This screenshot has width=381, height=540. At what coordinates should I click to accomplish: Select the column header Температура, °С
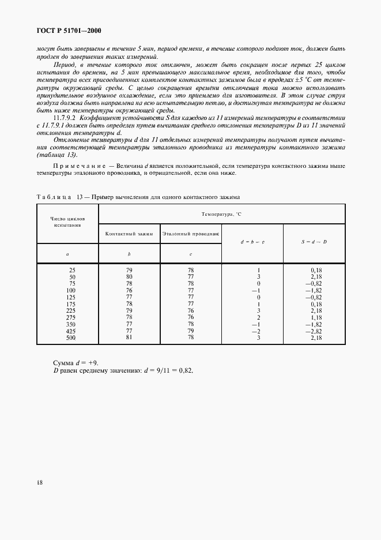tap(222, 214)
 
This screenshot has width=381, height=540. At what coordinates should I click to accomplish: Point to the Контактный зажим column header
tap(129, 234)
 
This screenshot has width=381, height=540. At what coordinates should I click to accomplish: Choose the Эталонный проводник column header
tap(191, 234)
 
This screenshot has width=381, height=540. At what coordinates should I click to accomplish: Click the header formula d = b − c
tap(253, 242)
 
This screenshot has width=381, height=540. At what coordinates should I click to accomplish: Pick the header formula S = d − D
tap(314, 242)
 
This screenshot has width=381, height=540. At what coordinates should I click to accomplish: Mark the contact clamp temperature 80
tap(129, 277)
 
